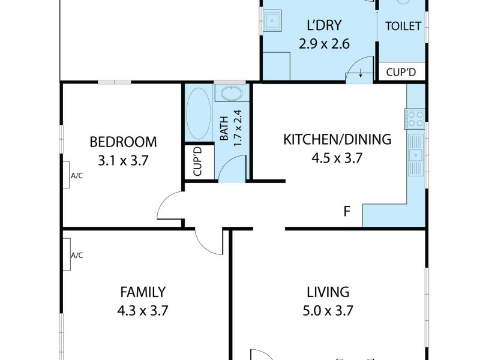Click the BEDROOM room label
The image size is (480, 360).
123,142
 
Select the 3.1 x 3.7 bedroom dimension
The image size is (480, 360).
123,161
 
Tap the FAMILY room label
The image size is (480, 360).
143,292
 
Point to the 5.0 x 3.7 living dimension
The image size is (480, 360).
328,311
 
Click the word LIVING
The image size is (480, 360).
328,292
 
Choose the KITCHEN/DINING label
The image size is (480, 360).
337,140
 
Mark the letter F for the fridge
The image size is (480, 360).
346,211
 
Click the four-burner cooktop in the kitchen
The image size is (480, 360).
415,118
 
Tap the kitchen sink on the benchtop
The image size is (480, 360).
415,155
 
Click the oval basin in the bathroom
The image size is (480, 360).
231,94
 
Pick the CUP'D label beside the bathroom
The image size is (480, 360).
197,162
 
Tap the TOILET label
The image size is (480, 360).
403,26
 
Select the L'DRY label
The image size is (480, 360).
324,25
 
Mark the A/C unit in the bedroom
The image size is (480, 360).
68,175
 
